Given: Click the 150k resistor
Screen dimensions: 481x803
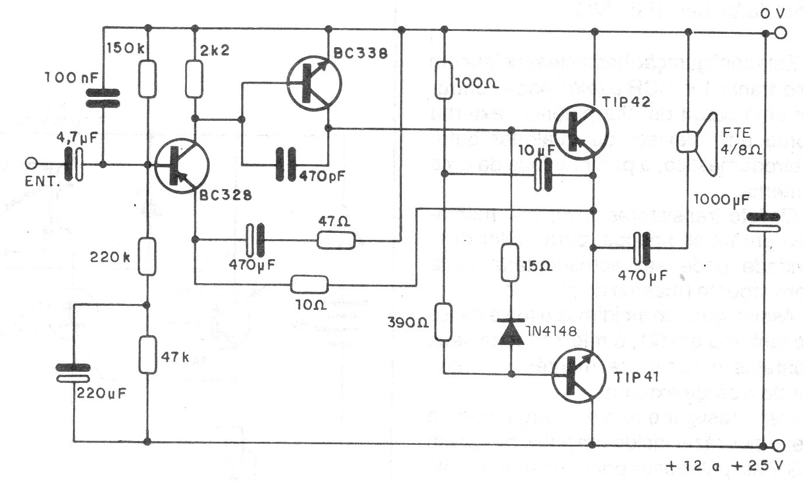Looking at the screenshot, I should (147, 79).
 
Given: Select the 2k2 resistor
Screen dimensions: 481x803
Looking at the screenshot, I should (194, 79).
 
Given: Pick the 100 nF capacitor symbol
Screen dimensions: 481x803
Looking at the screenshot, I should (103, 99).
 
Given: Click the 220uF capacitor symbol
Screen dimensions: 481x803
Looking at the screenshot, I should (74, 373).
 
